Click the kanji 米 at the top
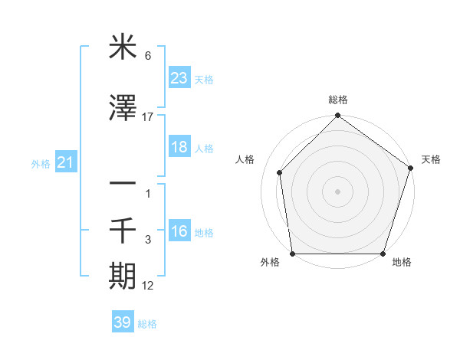coord(123,48)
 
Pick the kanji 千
coord(123,229)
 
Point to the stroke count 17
coord(148,117)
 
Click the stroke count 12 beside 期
coord(148,286)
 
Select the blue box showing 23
coord(179,77)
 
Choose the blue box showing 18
coord(179,147)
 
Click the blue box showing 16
coord(179,231)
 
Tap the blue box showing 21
coord(65,162)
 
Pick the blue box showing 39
coord(122,322)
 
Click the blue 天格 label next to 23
coord(204,79)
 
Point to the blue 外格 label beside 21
coord(41,164)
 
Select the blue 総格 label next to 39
coord(147,324)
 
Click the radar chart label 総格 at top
coord(337,100)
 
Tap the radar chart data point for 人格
coord(280,172)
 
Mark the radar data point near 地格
coord(383,254)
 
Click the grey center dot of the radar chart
coord(337,191)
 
